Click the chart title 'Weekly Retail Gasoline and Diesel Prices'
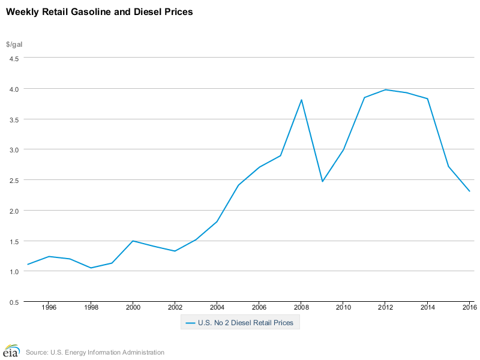pos(100,12)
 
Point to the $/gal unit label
pos(14,44)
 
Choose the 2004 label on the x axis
pos(217,308)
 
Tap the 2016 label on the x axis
pos(469,308)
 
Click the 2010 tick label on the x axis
pos(343,308)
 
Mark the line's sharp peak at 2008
pos(301,100)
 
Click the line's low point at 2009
pos(322,181)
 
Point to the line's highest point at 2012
pos(385,89)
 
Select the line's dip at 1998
pos(91,268)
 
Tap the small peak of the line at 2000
pos(133,241)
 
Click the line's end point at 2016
pos(469,191)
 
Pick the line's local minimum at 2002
pos(175,251)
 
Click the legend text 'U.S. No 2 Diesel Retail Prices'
pos(245,323)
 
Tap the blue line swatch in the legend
pos(190,323)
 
